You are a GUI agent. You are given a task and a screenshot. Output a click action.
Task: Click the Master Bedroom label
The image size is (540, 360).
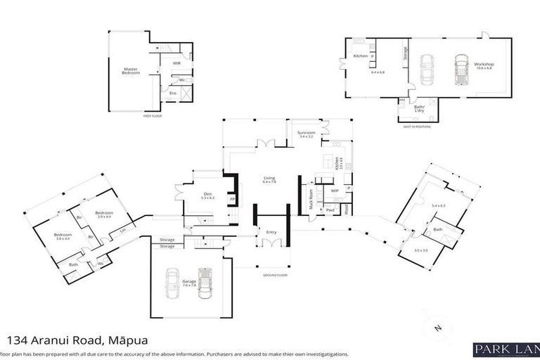(x=130, y=70)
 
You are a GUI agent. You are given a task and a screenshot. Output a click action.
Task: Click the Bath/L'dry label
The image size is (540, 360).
(x=419, y=106)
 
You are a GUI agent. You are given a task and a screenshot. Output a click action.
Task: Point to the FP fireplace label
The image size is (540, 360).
(x=232, y=199)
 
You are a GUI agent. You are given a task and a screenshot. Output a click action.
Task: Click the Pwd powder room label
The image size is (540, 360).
(x=330, y=210)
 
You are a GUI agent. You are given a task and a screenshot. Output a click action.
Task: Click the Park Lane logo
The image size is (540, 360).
(x=506, y=349)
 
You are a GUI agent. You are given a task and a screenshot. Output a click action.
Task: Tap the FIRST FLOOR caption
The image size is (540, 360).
(x=153, y=116)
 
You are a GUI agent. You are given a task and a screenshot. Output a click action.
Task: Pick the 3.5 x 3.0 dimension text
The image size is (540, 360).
(x=420, y=250)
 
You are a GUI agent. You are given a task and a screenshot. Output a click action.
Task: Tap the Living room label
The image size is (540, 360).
(x=269, y=179)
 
